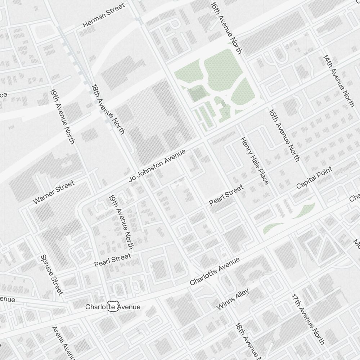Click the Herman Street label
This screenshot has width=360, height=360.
104,15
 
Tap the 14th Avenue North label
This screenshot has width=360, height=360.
338,81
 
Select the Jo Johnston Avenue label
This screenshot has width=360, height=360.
157,166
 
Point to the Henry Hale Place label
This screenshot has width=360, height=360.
255,161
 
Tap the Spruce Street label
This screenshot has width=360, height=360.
52,274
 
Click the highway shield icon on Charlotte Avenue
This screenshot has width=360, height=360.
112,307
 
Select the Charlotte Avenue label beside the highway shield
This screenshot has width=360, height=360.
113,307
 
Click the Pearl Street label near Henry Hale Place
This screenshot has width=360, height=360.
226,195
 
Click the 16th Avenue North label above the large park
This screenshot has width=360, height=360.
226,27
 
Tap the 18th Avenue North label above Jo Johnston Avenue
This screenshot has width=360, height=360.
108,109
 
